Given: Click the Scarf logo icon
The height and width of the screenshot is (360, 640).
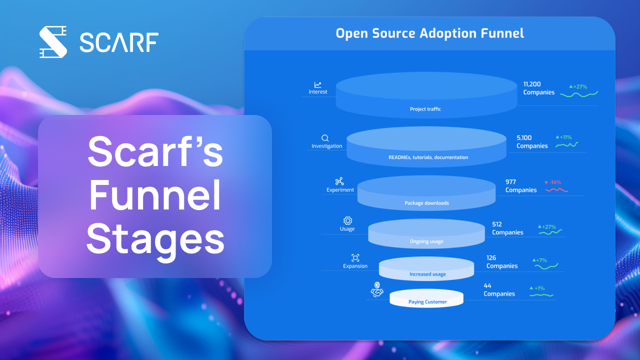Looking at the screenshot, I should (53, 42).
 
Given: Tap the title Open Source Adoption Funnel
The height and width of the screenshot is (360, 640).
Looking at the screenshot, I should (429, 33).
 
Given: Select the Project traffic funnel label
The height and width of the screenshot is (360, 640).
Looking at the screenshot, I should (425, 109).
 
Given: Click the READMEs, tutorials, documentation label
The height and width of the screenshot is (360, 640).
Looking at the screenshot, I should (428, 157).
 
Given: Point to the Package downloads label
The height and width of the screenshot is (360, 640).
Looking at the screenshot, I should (426, 203).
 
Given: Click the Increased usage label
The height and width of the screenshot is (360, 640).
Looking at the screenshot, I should (427, 274).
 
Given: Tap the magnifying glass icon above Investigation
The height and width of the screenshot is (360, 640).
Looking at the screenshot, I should (325, 138).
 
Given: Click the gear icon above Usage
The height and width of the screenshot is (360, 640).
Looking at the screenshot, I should (347, 220).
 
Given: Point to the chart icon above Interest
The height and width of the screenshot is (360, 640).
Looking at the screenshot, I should (317, 85).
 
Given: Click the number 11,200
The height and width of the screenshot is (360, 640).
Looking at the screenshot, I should (532, 84).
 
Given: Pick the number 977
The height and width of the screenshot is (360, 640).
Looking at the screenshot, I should (510, 182).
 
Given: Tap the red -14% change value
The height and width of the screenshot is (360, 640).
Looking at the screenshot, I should (554, 182).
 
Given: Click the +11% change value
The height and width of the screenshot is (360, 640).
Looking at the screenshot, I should (565, 137).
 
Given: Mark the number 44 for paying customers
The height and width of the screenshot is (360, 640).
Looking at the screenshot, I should (487, 285).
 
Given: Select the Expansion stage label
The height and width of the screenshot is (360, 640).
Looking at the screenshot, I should (355, 266).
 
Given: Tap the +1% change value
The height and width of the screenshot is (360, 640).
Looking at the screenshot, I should (539, 288).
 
